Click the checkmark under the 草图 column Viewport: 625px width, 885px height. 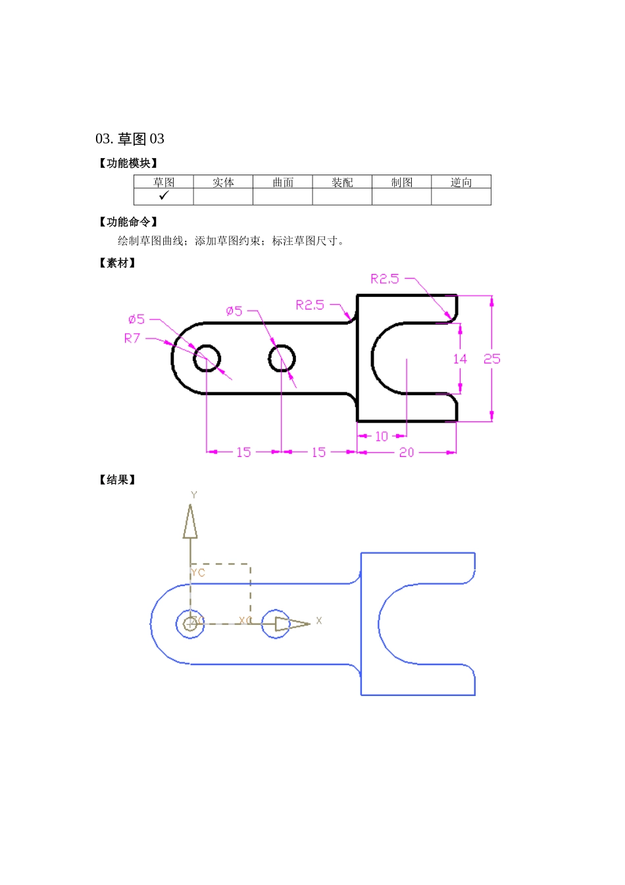[164, 196]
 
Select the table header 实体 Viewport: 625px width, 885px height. [223, 182]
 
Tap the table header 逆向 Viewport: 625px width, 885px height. [461, 182]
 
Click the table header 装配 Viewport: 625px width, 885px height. [342, 182]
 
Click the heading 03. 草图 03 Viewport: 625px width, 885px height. [130, 139]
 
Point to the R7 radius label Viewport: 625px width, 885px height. [132, 338]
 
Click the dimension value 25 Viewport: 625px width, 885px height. [491, 359]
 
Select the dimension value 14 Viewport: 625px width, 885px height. [460, 359]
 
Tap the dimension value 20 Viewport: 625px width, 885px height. [407, 452]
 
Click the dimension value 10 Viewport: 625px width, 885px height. [382, 437]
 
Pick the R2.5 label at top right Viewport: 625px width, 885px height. [385, 279]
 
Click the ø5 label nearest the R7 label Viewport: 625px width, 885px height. [136, 319]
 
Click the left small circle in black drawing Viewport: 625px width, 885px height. [207, 358]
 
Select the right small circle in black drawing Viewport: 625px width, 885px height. [282, 358]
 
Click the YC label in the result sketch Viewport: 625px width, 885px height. [198, 573]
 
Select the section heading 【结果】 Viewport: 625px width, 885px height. [118, 480]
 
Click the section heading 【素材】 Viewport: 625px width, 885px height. [118, 263]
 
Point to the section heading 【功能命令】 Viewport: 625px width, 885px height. [128, 223]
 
